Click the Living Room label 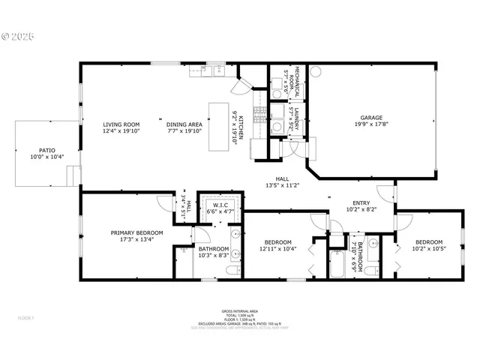(x=121, y=124)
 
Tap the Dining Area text (x=184, y=124)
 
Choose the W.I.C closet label (x=220, y=205)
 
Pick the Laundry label (x=295, y=116)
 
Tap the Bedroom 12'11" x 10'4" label (x=277, y=241)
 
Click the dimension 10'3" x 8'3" (x=213, y=255)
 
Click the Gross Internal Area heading (x=240, y=310)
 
